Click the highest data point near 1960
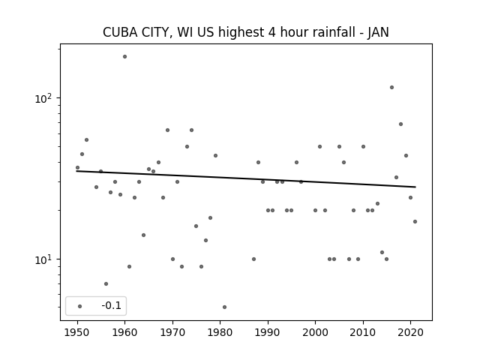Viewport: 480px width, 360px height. (x=125, y=57)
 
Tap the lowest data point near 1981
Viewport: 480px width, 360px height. (x=225, y=307)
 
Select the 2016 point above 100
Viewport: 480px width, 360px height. (x=391, y=88)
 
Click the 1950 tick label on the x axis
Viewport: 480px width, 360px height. (x=77, y=332)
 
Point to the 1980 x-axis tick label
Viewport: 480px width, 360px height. (x=220, y=332)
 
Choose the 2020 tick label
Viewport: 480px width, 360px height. (x=411, y=332)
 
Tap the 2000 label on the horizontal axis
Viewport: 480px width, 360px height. (x=315, y=332)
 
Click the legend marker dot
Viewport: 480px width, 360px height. (x=80, y=306)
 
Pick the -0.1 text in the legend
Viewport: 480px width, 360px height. (x=112, y=305)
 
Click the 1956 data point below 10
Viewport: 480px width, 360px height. (x=106, y=284)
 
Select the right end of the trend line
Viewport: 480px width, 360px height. (x=415, y=187)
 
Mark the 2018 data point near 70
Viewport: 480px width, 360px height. (x=400, y=124)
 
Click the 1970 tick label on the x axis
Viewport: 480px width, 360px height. (x=172, y=332)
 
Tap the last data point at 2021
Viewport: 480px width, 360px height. (x=415, y=222)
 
